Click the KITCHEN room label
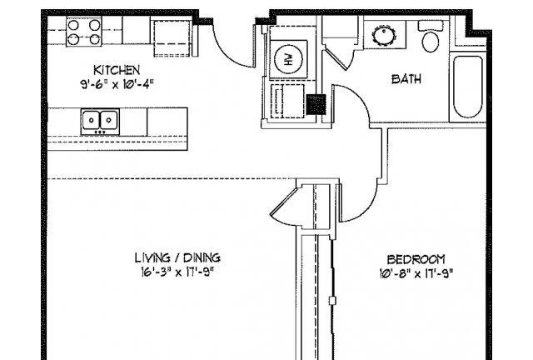click(117, 70)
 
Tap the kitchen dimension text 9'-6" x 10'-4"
click(117, 84)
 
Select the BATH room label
click(406, 79)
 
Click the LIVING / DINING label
click(177, 257)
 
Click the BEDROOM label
click(416, 260)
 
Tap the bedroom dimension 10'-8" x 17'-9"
click(416, 273)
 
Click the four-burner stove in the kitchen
click(84, 32)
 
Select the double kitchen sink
click(100, 122)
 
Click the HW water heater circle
click(288, 59)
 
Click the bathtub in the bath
click(468, 87)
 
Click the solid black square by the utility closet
click(316, 104)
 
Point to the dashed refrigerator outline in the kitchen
click(172, 38)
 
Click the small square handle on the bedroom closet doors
click(332, 301)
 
